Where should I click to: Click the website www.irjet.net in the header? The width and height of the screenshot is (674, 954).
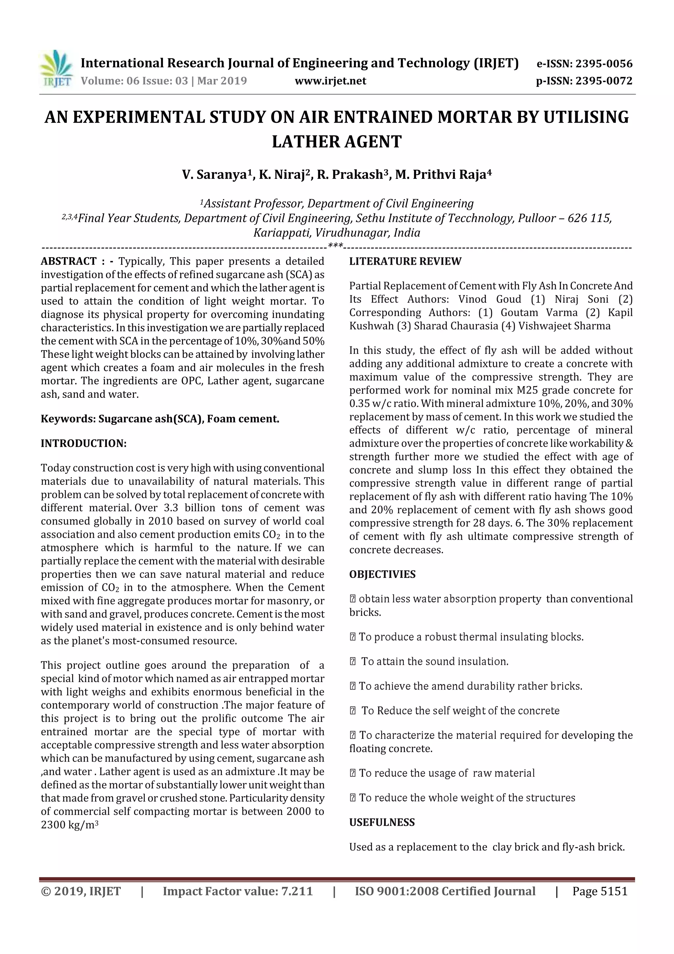coord(330,81)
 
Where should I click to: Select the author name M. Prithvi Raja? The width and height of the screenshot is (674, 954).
coord(443,175)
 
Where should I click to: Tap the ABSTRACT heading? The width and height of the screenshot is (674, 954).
coord(68,261)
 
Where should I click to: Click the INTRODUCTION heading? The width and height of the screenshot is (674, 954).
coord(84,443)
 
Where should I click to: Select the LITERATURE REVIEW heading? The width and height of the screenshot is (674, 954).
coord(405,261)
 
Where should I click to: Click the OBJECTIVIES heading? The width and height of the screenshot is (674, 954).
coord(382,574)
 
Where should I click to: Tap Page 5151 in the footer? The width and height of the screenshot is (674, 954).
coord(600,891)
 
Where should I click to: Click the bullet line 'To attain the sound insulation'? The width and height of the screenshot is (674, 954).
coord(434,662)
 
